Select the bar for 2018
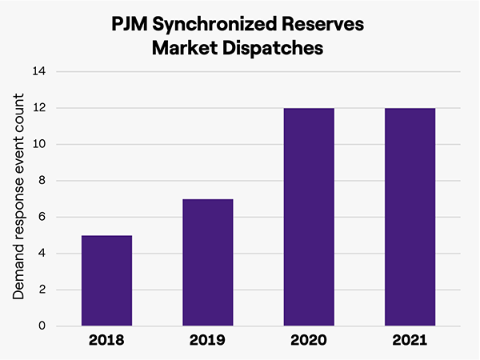[x=106, y=281]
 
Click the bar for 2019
[x=207, y=262]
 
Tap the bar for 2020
[x=308, y=217]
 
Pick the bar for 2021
[x=410, y=217]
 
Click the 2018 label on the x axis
[x=106, y=341]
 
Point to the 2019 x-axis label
[x=207, y=341]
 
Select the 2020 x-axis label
[x=308, y=341]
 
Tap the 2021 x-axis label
[x=410, y=341]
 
